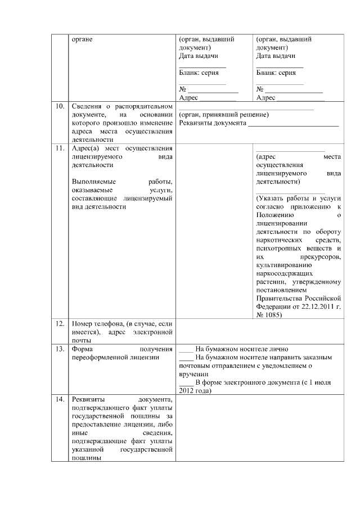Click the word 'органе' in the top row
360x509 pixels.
(x=82, y=40)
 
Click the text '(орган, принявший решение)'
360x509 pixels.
(x=223, y=115)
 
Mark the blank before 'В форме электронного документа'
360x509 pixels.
(x=186, y=382)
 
